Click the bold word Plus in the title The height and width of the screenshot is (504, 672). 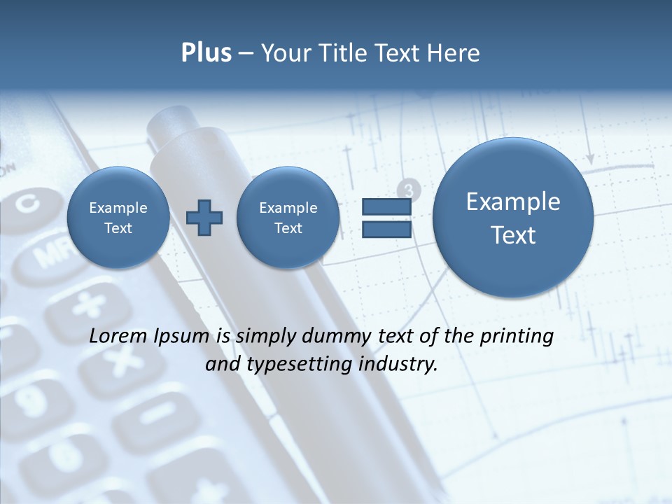tap(206, 53)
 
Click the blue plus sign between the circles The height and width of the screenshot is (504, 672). tap(204, 218)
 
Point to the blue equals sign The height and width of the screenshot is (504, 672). tap(386, 218)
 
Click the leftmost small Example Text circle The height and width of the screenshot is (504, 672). tap(118, 218)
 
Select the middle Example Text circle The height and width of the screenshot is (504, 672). tap(288, 218)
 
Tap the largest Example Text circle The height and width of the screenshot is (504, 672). tap(513, 218)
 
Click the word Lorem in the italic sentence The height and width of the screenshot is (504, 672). tap(115, 337)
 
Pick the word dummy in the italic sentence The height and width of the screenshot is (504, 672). tap(335, 337)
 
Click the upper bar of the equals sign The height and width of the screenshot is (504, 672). tap(386, 207)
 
